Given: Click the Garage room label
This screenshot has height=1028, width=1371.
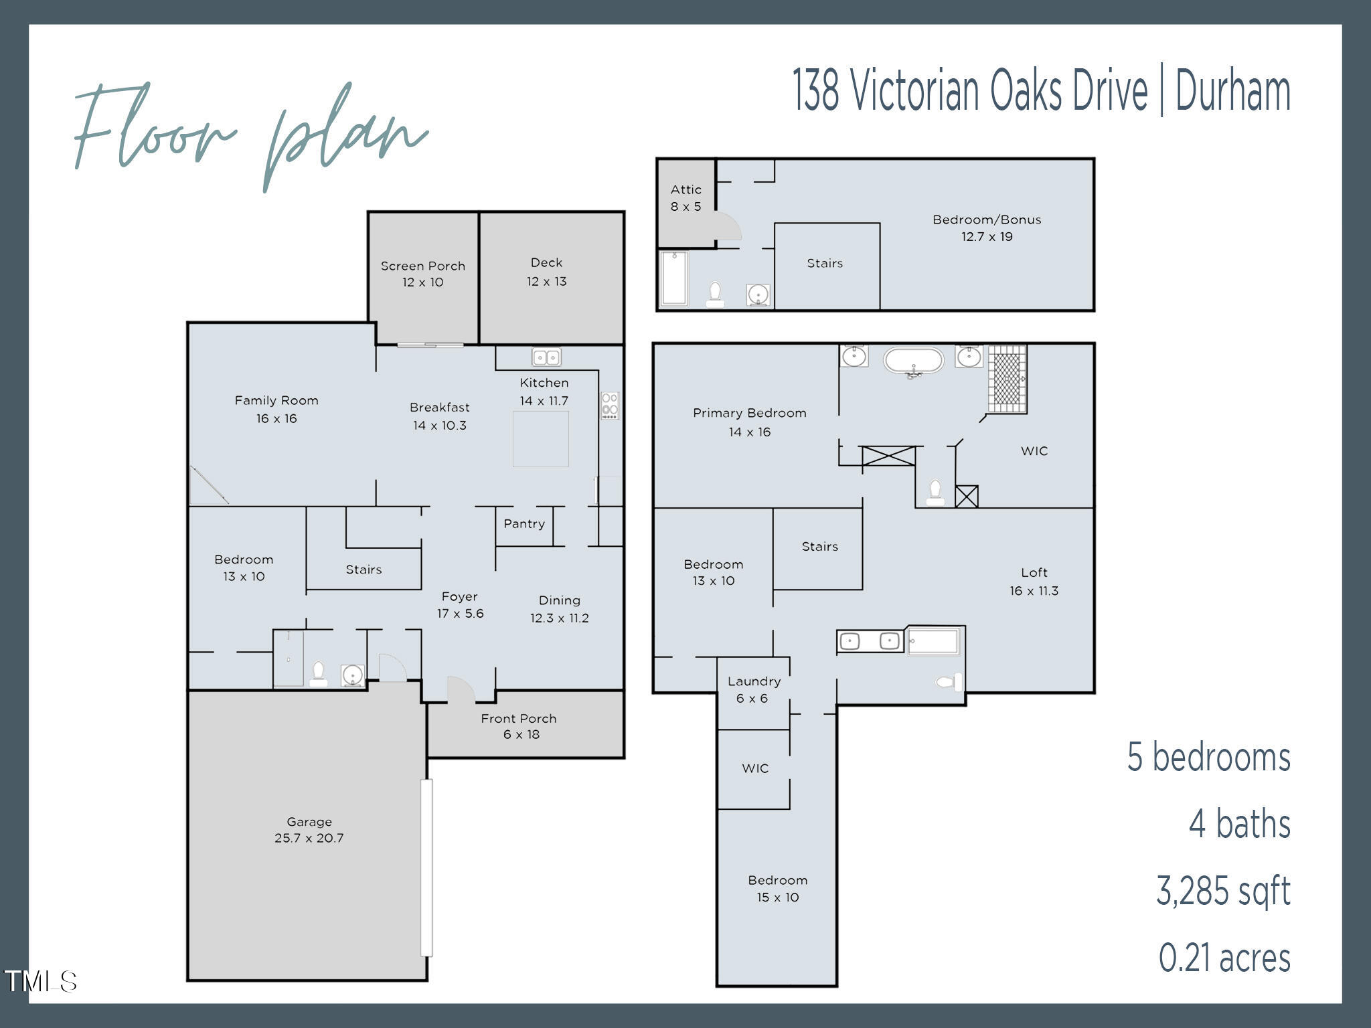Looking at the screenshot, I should (309, 830).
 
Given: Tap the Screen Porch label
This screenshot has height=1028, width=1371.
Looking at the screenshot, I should (422, 274).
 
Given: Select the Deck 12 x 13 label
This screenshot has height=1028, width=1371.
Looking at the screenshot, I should (546, 272).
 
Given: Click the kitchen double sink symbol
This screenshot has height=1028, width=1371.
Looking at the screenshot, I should (546, 357).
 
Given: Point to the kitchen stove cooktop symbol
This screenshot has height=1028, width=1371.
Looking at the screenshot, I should (609, 406).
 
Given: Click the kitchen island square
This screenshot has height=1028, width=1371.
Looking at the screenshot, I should (541, 439).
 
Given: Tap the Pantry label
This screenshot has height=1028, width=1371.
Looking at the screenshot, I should (524, 524).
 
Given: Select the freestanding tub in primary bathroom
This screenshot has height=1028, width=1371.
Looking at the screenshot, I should (913, 361).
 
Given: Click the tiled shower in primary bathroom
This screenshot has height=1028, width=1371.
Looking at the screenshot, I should (1007, 379).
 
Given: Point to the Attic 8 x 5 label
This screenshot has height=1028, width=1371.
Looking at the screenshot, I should (685, 198).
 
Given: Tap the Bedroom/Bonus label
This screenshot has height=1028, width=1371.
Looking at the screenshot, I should (987, 228).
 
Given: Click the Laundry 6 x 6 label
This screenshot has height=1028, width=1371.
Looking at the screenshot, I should (753, 689).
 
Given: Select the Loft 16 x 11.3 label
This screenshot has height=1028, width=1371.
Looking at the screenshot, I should (1034, 581).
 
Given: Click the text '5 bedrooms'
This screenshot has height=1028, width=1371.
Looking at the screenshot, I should (1208, 757).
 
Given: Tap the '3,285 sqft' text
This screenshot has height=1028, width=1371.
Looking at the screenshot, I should (1222, 891).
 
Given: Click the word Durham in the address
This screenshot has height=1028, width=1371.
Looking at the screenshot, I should (1232, 92).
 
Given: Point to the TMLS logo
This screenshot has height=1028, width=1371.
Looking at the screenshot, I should (40, 982).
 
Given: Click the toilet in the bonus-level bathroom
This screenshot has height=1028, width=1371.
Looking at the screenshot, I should (715, 295).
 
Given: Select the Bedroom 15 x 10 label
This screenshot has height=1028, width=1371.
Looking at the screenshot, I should (777, 888).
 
